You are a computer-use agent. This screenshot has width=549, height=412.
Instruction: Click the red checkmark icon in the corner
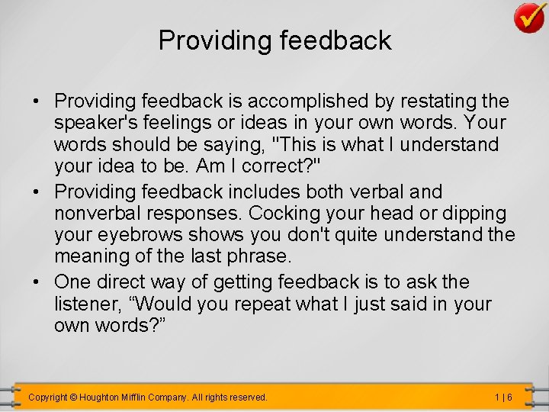(528, 17)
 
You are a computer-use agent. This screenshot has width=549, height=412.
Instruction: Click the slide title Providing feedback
(274, 40)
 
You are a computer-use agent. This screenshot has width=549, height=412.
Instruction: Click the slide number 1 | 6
(502, 398)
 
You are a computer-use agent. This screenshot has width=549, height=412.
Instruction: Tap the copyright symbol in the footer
(73, 398)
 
